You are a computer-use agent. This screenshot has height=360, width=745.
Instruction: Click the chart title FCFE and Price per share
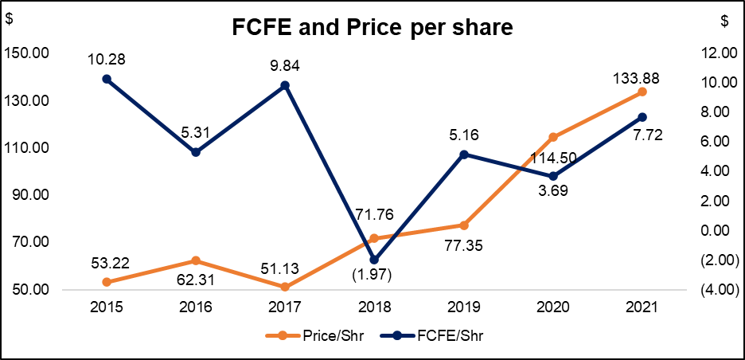click(372, 27)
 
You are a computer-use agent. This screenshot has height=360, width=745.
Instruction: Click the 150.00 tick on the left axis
click(27, 53)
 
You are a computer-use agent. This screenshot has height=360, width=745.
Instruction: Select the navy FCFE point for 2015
click(107, 79)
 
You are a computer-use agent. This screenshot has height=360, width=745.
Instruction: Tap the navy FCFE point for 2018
click(374, 260)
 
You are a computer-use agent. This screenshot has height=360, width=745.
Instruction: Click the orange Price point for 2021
click(642, 92)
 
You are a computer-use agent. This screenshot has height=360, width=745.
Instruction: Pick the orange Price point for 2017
click(285, 287)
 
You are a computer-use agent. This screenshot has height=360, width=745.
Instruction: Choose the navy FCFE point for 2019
click(463, 155)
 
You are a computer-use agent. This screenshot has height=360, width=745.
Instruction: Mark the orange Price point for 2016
click(196, 260)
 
